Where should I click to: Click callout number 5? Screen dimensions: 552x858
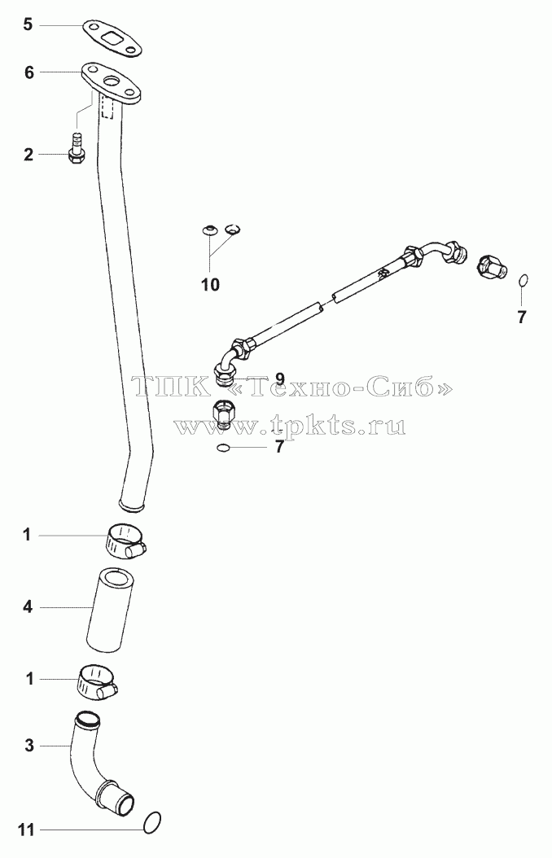pyautogui.click(x=28, y=24)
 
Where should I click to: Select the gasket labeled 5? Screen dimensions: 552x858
pyautogui.click(x=112, y=39)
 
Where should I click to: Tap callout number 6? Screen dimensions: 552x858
pyautogui.click(x=28, y=72)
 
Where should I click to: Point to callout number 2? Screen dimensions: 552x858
pyautogui.click(x=28, y=155)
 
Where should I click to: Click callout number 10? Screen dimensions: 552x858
pyautogui.click(x=210, y=285)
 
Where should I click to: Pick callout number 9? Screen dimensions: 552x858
pyautogui.click(x=279, y=379)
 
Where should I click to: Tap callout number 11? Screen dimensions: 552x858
pyautogui.click(x=26, y=830)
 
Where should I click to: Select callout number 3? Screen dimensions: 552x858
pyautogui.click(x=29, y=746)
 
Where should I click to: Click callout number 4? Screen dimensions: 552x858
pyautogui.click(x=28, y=606)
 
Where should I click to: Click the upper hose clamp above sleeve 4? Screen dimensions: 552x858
pyautogui.click(x=125, y=541)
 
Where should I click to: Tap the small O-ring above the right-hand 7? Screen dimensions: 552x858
pyautogui.click(x=523, y=280)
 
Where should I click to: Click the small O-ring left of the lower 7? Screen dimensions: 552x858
pyautogui.click(x=222, y=449)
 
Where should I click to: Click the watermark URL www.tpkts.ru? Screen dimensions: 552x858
pyautogui.click(x=290, y=425)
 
